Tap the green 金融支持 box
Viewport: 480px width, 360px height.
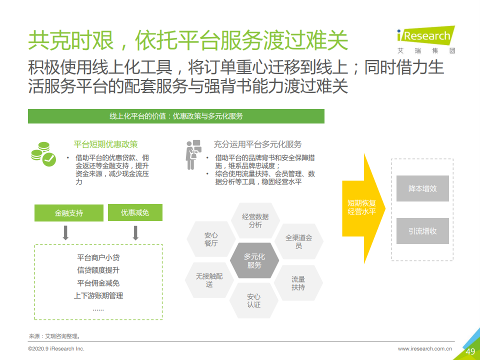pyautogui.click(x=69, y=213)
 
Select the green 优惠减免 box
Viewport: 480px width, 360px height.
pyautogui.click(x=135, y=212)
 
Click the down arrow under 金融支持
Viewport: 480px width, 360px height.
pyautogui.click(x=65, y=232)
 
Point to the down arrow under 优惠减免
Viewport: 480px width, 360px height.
pyautogui.click(x=135, y=232)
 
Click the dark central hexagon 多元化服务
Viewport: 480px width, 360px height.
pyautogui.click(x=254, y=260)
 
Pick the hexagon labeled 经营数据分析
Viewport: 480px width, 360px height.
pyautogui.click(x=255, y=220)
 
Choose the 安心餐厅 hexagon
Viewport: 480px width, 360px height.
pyautogui.click(x=211, y=239)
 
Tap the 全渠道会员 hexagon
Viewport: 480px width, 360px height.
pyautogui.click(x=299, y=241)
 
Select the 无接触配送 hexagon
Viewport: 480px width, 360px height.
pyautogui.click(x=209, y=280)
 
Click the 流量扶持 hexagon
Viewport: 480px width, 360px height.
pyautogui.click(x=298, y=283)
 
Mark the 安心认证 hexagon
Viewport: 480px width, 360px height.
pyautogui.click(x=254, y=300)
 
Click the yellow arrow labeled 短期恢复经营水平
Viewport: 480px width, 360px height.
pyautogui.click(x=363, y=208)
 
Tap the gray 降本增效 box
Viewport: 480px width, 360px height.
pyautogui.click(x=422, y=188)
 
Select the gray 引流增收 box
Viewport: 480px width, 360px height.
pyautogui.click(x=422, y=231)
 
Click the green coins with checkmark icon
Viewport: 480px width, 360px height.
pyautogui.click(x=43, y=154)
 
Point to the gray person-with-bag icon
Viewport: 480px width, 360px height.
pyautogui.click(x=193, y=154)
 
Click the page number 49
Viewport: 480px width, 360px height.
pyautogui.click(x=470, y=351)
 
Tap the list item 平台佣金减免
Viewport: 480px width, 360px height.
pyautogui.click(x=98, y=283)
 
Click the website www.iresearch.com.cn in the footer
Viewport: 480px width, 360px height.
pyautogui.click(x=425, y=348)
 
